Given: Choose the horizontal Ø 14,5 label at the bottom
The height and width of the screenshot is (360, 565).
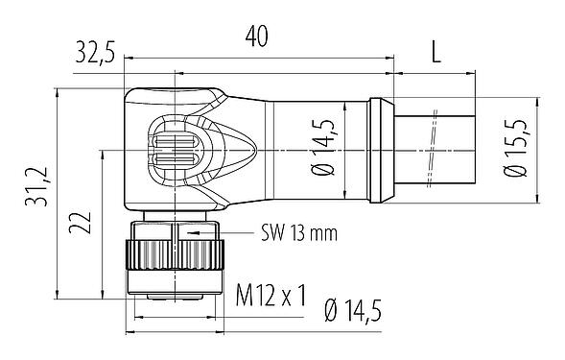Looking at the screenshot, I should [x=366, y=309].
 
